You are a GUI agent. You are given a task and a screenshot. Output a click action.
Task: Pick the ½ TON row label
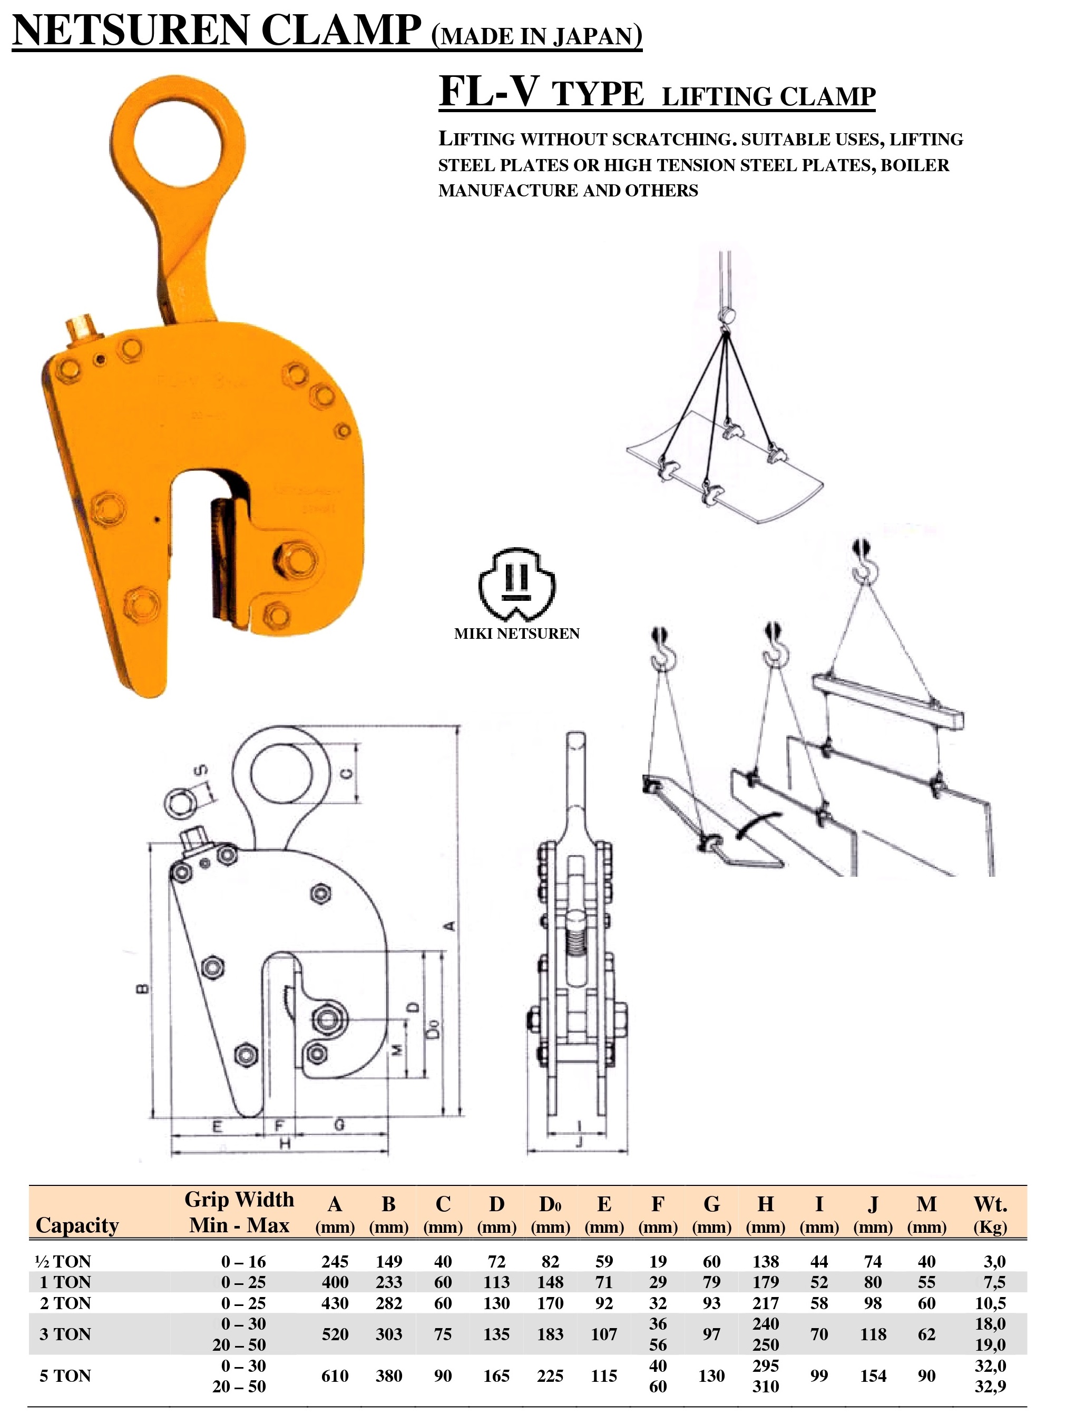pyautogui.click(x=63, y=1261)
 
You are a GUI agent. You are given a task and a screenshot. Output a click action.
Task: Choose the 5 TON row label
pyautogui.click(x=65, y=1375)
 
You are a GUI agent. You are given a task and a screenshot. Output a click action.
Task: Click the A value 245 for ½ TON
pyautogui.click(x=335, y=1261)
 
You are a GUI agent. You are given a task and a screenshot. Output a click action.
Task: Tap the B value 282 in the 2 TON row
pyautogui.click(x=388, y=1303)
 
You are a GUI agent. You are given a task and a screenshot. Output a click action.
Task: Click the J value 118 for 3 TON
pyautogui.click(x=873, y=1334)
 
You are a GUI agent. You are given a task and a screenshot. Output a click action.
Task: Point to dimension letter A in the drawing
pyautogui.click(x=451, y=926)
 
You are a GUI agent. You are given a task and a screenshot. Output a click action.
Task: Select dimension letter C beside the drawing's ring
pyautogui.click(x=347, y=773)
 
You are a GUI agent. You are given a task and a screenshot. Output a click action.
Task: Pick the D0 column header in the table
pyautogui.click(x=550, y=1204)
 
